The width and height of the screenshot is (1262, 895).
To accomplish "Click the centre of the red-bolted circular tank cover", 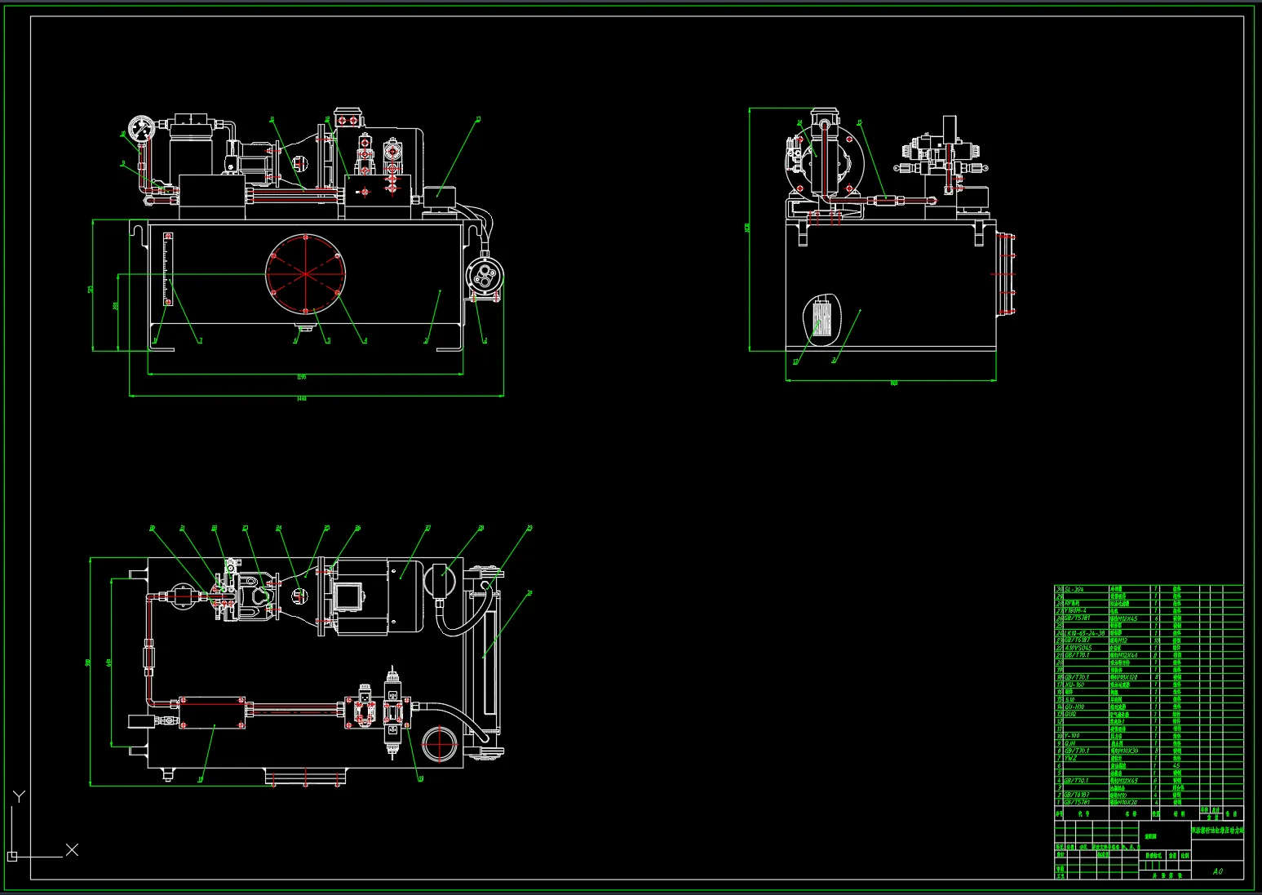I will pos(305,273).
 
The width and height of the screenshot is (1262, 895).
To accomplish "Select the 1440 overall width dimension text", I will pos(302,399).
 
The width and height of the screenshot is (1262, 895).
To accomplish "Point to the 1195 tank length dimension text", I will pos(301,377).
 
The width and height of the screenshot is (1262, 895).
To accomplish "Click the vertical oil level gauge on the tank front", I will pos(168,269).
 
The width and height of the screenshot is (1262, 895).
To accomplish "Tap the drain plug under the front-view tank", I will pos(305,328).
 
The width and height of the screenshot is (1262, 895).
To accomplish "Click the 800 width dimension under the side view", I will pos(893,383).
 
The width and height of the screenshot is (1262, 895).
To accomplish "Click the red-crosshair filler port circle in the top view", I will pos(441,744).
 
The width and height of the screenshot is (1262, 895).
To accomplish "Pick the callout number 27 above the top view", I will pos(427,529).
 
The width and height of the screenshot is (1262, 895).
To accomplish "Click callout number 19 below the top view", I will pos(200,779).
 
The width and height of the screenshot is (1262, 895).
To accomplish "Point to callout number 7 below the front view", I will pos(200,341).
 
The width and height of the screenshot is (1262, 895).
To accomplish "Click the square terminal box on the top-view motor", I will pos(349,596).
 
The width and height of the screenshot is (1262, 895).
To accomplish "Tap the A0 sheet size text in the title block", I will pos(1217,871).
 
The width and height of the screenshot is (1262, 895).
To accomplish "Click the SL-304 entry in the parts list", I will pos(1074,588).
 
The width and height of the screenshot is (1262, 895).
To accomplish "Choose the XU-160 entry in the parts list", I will pos(1074,685).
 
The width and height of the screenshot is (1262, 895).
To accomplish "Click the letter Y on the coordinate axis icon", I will pos(20,796).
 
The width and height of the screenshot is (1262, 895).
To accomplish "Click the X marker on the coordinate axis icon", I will pos(72,850).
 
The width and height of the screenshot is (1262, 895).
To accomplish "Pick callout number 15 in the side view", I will pos(859,123).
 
